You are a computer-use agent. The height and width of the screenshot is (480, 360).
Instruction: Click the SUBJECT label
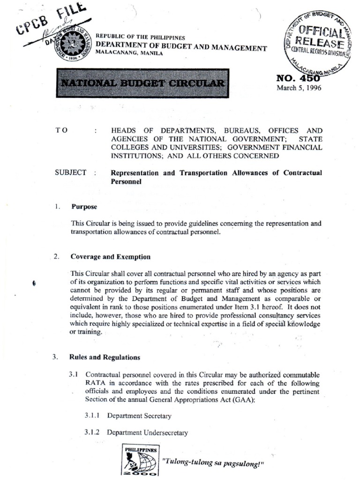(71, 172)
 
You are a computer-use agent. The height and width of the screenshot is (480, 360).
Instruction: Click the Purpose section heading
(84, 206)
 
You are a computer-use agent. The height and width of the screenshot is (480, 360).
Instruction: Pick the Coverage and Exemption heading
(111, 257)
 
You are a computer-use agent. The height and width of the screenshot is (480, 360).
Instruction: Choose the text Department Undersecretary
(147, 433)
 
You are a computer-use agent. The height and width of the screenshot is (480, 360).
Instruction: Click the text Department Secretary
(139, 416)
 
